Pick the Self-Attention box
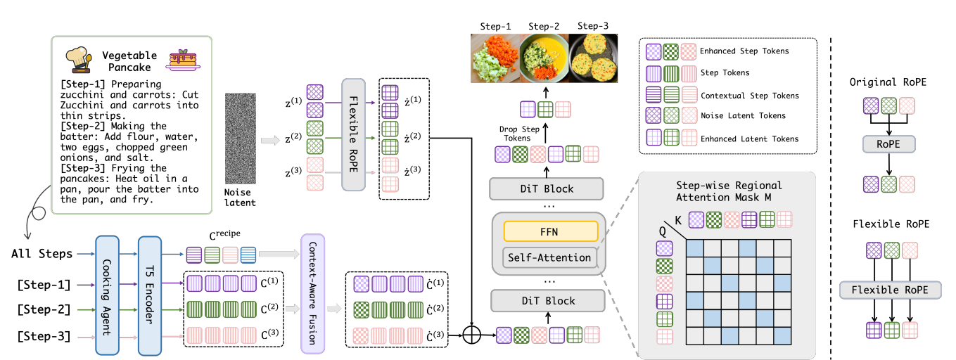point(547,258)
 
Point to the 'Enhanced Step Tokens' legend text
point(744,51)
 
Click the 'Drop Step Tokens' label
point(518,133)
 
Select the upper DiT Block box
point(547,188)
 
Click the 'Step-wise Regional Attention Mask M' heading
point(729,191)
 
